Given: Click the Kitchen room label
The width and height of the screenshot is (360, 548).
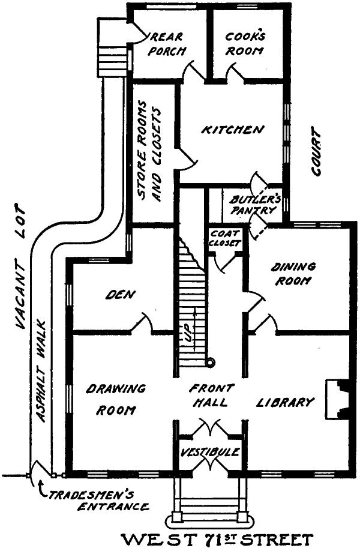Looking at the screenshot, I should (x=232, y=130).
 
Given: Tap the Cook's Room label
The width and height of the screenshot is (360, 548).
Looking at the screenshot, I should (x=245, y=43).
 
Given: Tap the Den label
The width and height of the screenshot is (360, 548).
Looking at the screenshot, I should (x=123, y=295).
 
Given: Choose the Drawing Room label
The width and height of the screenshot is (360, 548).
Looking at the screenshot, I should (x=115, y=400).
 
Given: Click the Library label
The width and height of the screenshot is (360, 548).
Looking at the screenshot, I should (x=286, y=402).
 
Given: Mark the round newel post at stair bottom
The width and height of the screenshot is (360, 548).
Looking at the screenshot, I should (x=210, y=362).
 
